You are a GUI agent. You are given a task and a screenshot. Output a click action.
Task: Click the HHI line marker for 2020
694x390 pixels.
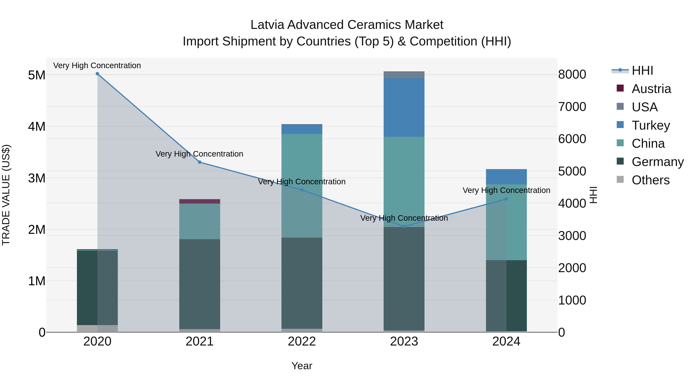click(97, 74)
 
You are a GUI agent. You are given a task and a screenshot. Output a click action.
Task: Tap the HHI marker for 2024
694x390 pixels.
click(506, 199)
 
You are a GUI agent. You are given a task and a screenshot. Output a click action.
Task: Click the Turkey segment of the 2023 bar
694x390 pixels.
click(404, 107)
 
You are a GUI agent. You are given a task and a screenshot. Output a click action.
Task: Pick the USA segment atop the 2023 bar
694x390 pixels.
click(404, 75)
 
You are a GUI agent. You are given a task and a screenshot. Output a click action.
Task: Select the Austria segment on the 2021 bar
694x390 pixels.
click(200, 201)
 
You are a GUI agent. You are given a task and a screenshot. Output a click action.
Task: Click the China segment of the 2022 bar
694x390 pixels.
click(302, 186)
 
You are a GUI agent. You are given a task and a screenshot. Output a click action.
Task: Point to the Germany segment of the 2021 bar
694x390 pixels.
click(200, 284)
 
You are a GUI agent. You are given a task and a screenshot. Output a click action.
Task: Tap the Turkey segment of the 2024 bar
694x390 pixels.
click(506, 177)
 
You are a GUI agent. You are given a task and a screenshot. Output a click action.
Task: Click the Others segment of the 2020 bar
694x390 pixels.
click(97, 328)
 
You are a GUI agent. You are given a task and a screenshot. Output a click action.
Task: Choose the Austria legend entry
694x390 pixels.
click(651, 89)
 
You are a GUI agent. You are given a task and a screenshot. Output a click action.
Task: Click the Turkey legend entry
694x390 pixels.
click(651, 125)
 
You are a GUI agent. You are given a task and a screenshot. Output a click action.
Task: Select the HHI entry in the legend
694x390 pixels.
click(642, 70)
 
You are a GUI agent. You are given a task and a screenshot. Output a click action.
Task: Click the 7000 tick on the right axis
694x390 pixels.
click(572, 107)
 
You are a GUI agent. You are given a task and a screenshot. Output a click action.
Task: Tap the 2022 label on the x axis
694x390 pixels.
click(302, 341)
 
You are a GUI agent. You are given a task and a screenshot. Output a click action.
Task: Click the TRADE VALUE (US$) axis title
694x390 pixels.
click(6, 195)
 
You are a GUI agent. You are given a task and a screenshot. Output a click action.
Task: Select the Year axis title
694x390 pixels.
click(302, 366)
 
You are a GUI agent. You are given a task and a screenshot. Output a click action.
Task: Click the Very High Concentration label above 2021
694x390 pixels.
click(199, 154)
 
